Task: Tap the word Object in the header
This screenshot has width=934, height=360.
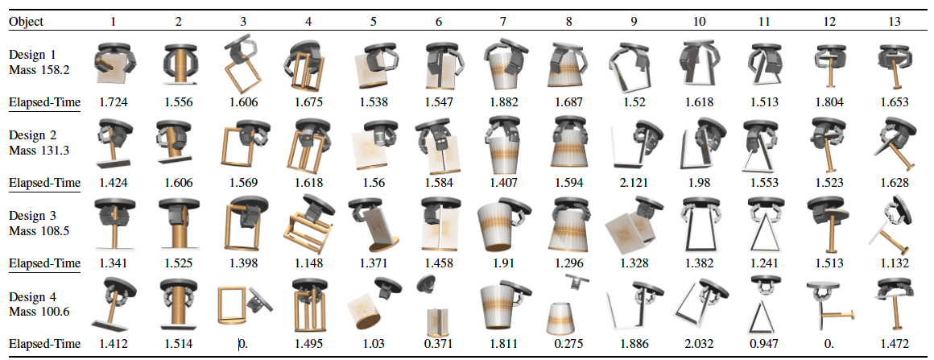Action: point(26,22)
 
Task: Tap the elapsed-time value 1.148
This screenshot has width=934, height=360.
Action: point(309,263)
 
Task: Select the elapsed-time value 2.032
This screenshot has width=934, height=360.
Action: point(700,343)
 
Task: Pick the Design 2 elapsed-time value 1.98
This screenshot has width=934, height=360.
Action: point(700,182)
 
